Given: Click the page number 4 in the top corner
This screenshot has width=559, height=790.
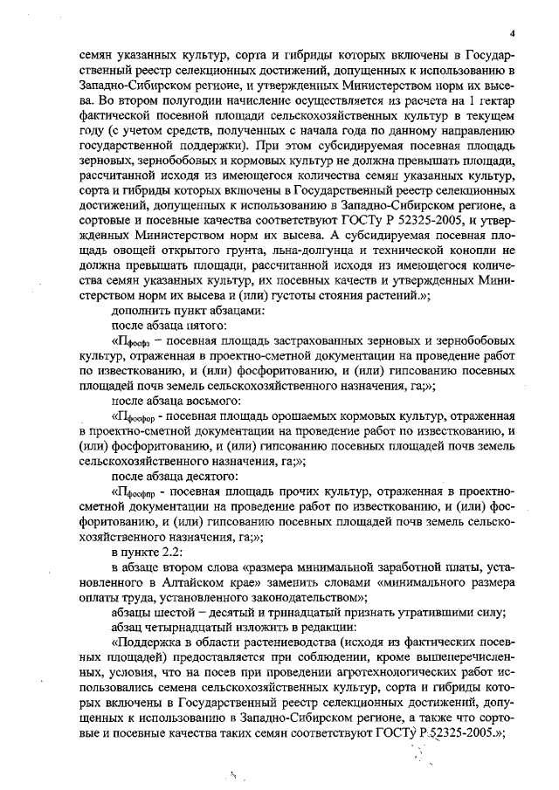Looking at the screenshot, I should point(514,32).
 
